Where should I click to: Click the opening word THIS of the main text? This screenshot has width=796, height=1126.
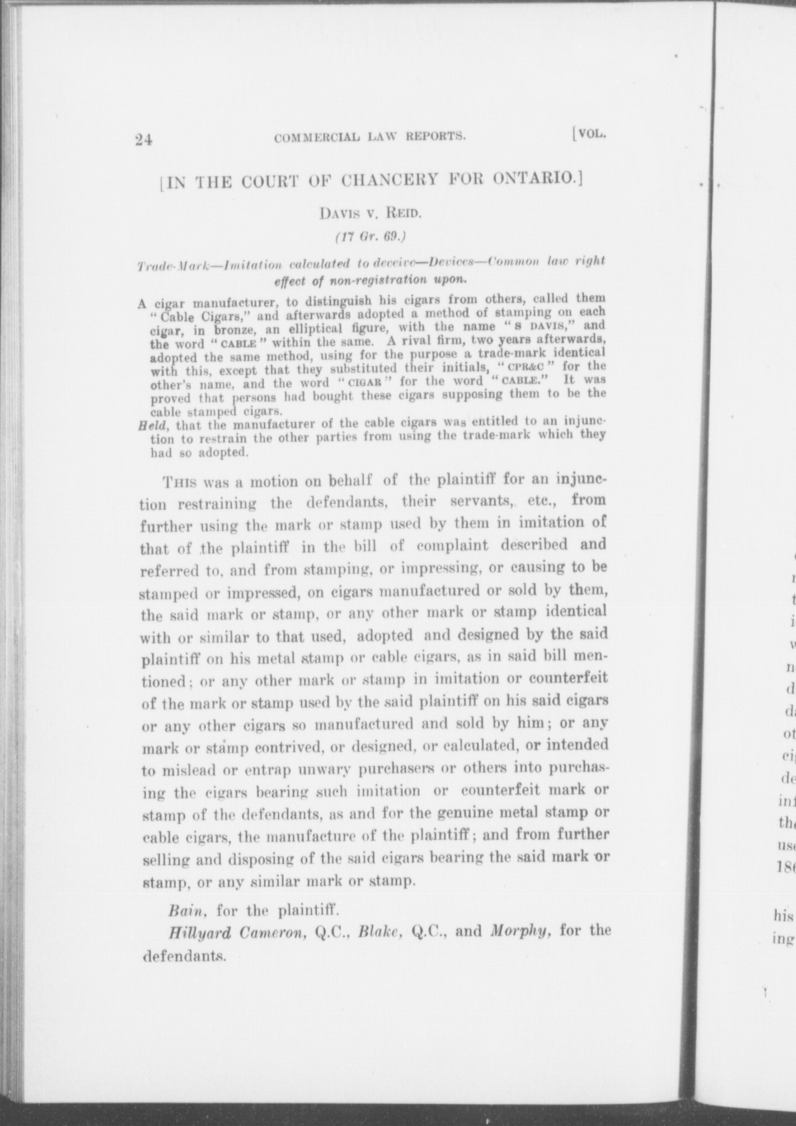[x=179, y=483]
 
